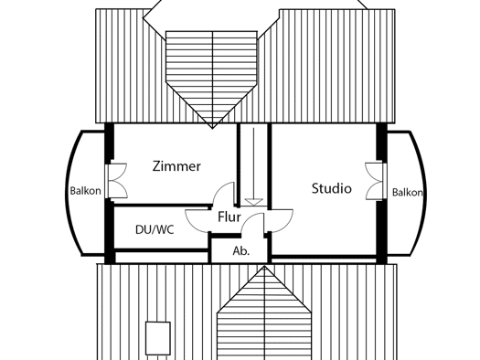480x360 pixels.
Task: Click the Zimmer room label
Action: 176,166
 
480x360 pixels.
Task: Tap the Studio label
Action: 332,188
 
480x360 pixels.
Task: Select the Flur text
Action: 229,217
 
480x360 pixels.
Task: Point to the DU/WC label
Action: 155,229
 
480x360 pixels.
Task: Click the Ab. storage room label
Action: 241,250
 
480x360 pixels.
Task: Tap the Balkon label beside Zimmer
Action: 85,191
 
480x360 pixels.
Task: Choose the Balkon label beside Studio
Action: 408,193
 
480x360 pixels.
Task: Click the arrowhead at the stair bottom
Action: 254,202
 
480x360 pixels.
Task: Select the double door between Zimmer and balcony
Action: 116,181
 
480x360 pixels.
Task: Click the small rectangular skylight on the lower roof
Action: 158,338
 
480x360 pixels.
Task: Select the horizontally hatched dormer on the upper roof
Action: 211,77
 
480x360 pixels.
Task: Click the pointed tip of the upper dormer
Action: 212,129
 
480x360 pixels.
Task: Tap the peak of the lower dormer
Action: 264,266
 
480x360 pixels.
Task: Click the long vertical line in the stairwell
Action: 254,164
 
